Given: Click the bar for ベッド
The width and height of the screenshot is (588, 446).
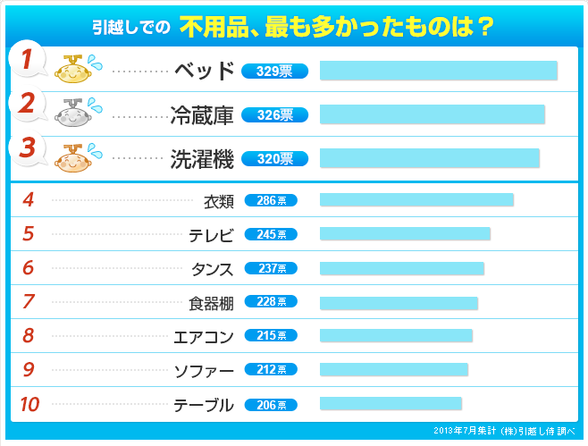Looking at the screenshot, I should pyautogui.click(x=438, y=71).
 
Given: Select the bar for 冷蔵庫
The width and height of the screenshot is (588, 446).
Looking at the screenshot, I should pyautogui.click(x=432, y=114).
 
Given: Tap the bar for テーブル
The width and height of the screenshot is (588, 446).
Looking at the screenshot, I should pyautogui.click(x=391, y=404).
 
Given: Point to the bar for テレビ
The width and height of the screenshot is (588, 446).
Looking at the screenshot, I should pyautogui.click(x=405, y=234).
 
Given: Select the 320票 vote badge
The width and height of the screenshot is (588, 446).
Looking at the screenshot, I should pyautogui.click(x=274, y=159).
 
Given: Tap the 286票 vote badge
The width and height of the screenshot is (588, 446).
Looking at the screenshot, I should pyautogui.click(x=271, y=201).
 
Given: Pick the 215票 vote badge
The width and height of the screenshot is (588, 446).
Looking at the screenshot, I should pyautogui.click(x=271, y=336).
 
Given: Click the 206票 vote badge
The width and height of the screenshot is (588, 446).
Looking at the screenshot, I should pyautogui.click(x=271, y=405).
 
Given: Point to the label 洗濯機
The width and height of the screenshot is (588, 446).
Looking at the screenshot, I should pyautogui.click(x=202, y=159).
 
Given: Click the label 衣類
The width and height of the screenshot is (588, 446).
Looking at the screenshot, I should pyautogui.click(x=218, y=201).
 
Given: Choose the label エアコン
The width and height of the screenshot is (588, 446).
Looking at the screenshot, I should pyautogui.click(x=204, y=337).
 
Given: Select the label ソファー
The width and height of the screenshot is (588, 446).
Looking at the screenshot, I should pyautogui.click(x=204, y=370).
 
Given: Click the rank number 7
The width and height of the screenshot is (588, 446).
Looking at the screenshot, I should pyautogui.click(x=29, y=302).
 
